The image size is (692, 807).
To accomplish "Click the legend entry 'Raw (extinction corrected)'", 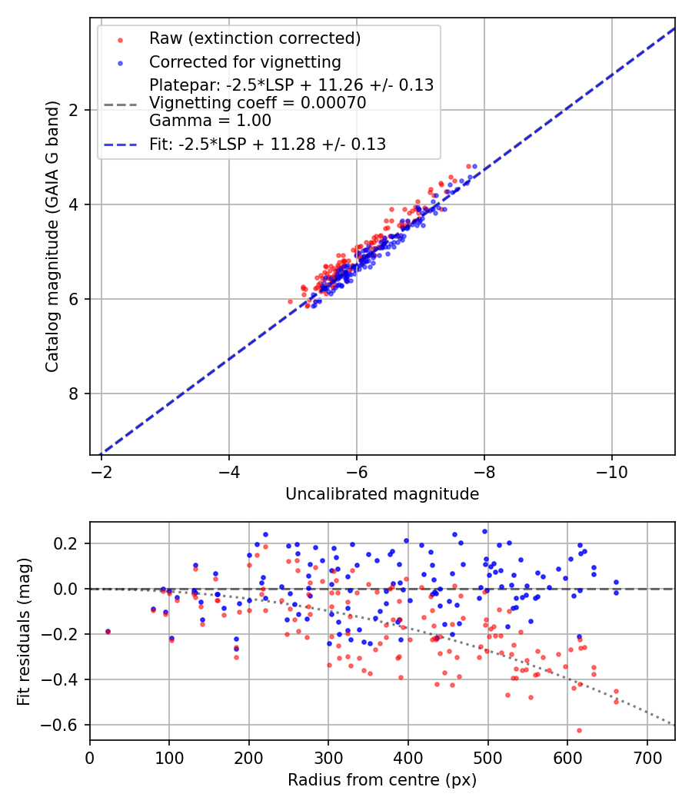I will click(255, 38).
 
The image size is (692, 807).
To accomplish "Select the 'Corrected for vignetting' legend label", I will click(245, 61).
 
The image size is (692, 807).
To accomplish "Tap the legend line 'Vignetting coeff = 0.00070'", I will click(258, 103).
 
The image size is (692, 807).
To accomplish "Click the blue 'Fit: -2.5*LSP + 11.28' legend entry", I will click(267, 144).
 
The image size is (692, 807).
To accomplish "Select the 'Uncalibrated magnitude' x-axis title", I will click(382, 494).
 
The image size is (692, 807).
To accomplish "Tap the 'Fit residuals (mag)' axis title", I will click(24, 631).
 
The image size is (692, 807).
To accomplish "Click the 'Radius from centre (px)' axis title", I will click(382, 780).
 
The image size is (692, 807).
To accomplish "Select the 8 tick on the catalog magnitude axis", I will click(76, 394).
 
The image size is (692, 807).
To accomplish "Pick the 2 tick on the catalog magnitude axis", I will click(76, 110).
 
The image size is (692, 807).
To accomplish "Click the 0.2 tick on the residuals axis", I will click(72, 543).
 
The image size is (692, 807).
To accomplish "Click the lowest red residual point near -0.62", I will click(579, 730).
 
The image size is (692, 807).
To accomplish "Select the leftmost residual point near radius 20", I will click(108, 631).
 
